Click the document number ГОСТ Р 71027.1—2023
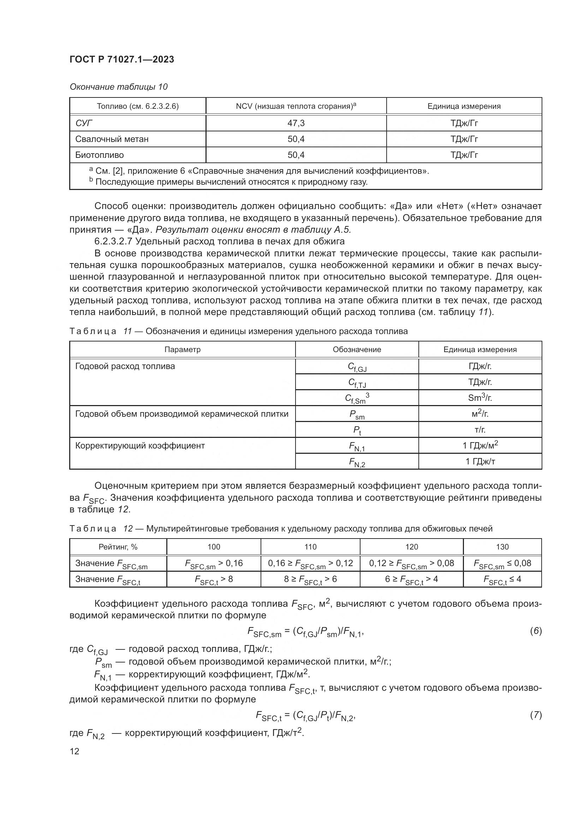(121, 60)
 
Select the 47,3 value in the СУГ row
(296, 123)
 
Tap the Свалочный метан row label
(112, 139)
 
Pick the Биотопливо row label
(99, 155)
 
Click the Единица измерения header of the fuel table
(464, 107)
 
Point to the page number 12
(75, 751)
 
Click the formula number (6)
(536, 631)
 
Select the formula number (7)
(536, 715)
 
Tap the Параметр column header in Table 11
(182, 350)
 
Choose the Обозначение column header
(357, 350)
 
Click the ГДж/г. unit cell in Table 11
(480, 366)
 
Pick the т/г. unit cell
(480, 430)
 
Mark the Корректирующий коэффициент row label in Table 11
(140, 446)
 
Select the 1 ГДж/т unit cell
(480, 462)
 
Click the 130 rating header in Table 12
(502, 547)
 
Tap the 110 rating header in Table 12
(310, 547)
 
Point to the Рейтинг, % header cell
(118, 547)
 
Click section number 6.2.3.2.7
(113, 242)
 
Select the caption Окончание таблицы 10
(118, 87)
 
